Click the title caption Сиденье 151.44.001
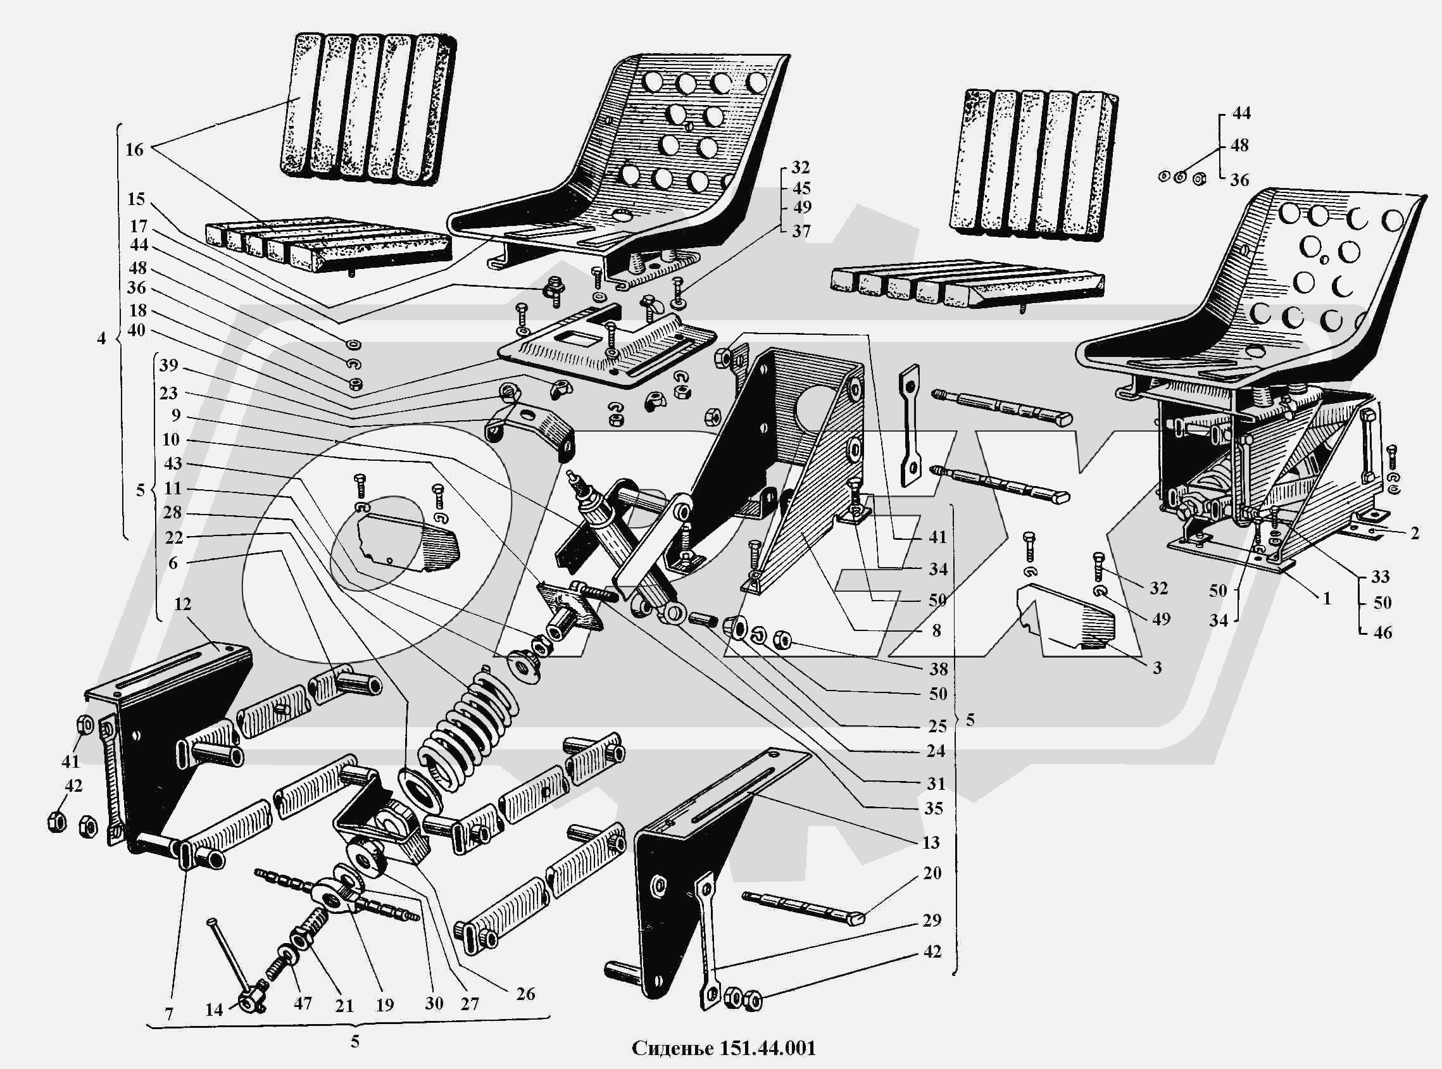pos(724,1048)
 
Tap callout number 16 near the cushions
pos(134,149)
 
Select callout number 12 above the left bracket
pos(183,604)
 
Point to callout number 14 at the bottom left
pos(214,1010)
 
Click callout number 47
pos(303,1004)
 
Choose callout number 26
pos(525,993)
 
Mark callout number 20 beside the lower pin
pos(932,873)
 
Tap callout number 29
pos(932,920)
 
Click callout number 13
pos(931,842)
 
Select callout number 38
pos(938,668)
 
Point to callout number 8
pos(936,630)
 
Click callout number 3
pos(1157,667)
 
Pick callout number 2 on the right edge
pos(1415,532)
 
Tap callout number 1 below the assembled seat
pos(1327,598)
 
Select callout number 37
pos(801,231)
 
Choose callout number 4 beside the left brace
pos(101,338)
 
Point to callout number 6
pos(172,563)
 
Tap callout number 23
pos(168,393)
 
